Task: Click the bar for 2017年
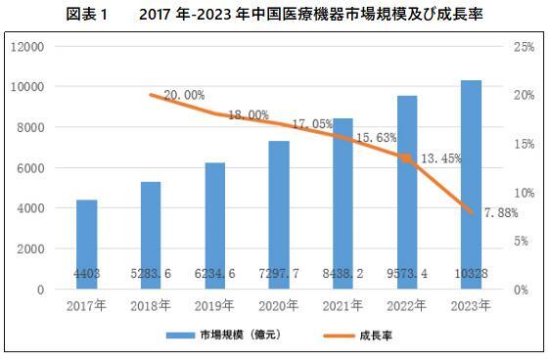(86, 245)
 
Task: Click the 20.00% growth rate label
(184, 95)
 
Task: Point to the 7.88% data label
(500, 213)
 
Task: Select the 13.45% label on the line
(441, 157)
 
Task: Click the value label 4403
(86, 275)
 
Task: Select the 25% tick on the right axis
(523, 47)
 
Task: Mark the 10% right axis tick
(523, 193)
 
